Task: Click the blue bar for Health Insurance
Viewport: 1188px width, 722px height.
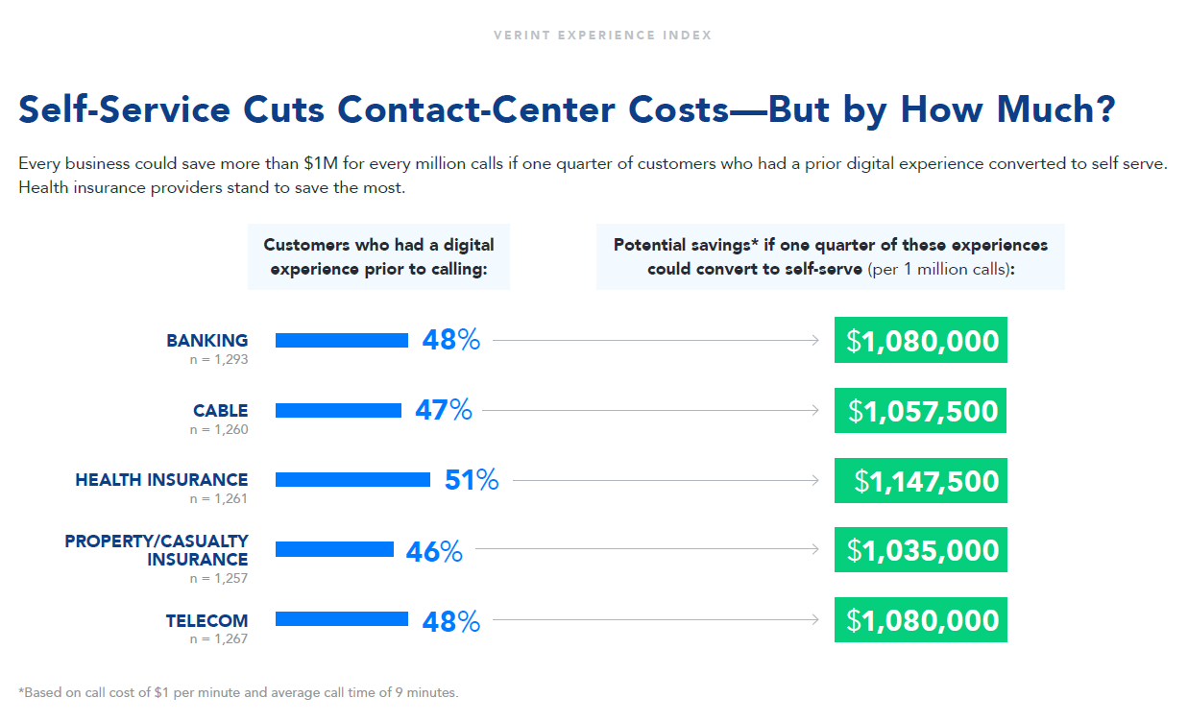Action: [x=352, y=480]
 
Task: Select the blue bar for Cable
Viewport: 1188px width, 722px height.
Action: [x=338, y=410]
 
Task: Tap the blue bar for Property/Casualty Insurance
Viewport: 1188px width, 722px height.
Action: [x=334, y=549]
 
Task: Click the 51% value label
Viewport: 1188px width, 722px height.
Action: [x=472, y=480]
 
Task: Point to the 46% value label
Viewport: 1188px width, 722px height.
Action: [x=434, y=551]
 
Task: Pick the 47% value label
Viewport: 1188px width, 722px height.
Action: [x=444, y=411]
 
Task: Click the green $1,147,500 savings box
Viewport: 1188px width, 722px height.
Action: [x=920, y=480]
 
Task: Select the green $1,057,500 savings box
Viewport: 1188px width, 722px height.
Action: [x=920, y=411]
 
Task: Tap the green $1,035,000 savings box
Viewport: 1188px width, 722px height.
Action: [x=920, y=550]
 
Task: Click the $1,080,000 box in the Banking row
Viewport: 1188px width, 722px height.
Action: [x=920, y=340]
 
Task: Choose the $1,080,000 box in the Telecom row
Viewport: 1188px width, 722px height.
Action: [x=920, y=620]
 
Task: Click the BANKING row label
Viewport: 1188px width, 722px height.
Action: [x=206, y=341]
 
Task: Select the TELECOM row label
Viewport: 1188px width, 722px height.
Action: [x=206, y=621]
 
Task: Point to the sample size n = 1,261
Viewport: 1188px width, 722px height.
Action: [x=218, y=499]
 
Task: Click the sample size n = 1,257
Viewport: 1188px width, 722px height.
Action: [x=218, y=578]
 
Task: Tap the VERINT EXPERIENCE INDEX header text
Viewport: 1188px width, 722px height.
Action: [x=602, y=36]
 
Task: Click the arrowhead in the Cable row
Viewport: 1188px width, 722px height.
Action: [x=815, y=410]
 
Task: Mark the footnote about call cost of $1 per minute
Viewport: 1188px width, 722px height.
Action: [x=239, y=692]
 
